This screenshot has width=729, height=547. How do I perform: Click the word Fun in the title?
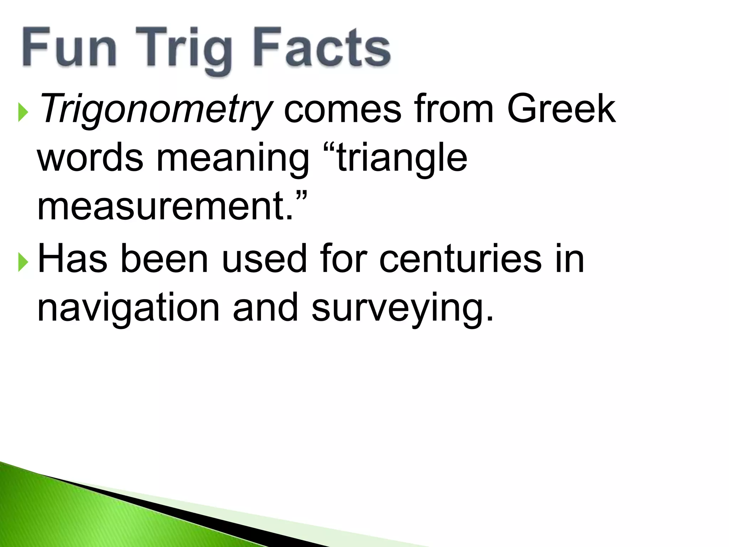(x=70, y=48)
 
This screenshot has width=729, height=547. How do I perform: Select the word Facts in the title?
(x=321, y=48)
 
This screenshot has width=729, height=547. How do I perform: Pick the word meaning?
(x=233, y=158)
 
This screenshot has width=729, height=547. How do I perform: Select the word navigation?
(x=129, y=308)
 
